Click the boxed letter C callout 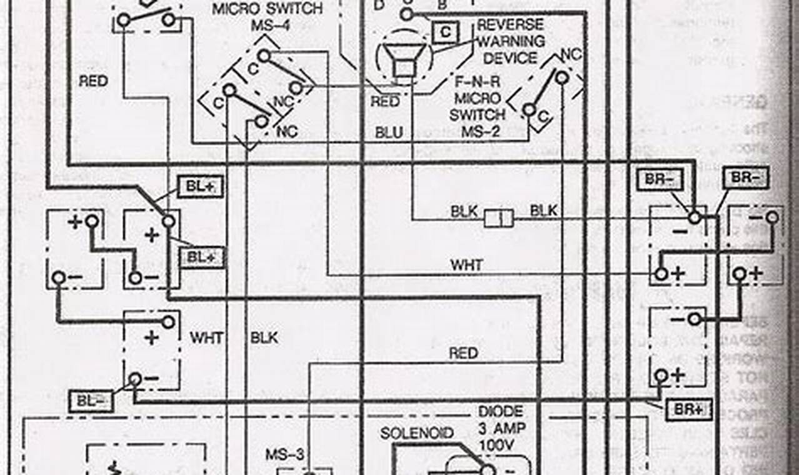[x=445, y=32]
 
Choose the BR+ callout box [x=688, y=410]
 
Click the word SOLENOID [x=416, y=433]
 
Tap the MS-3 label [x=284, y=454]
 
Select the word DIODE [x=500, y=412]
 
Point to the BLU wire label [x=389, y=132]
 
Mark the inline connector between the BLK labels [x=498, y=217]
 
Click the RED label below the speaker [x=385, y=101]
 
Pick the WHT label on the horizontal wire [x=467, y=265]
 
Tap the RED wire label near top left [x=93, y=81]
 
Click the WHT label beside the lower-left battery [x=207, y=337]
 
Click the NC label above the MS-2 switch [x=570, y=54]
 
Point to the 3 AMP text [x=501, y=429]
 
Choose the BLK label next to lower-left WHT [x=264, y=337]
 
